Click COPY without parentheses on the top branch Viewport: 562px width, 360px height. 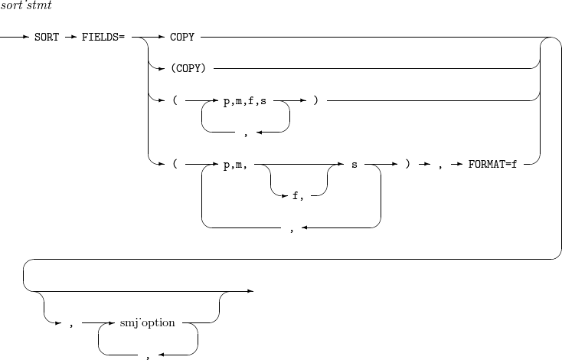coord(181,38)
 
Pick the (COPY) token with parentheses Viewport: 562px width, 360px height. coord(187,69)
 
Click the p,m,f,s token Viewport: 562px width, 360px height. coord(245,100)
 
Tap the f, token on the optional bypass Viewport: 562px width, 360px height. coord(298,196)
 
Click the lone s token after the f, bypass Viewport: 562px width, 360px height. coord(354,164)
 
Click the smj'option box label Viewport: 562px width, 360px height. coord(148,323)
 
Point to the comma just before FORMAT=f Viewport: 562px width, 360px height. coord(440,164)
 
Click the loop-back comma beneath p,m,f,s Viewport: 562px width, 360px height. coord(245,133)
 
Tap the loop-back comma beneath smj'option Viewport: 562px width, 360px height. coord(148,355)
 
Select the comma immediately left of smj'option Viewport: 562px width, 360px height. coord(70,323)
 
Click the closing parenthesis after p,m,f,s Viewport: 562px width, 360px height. coord(315,100)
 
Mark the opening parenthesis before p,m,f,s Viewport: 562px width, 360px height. coord(175,100)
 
